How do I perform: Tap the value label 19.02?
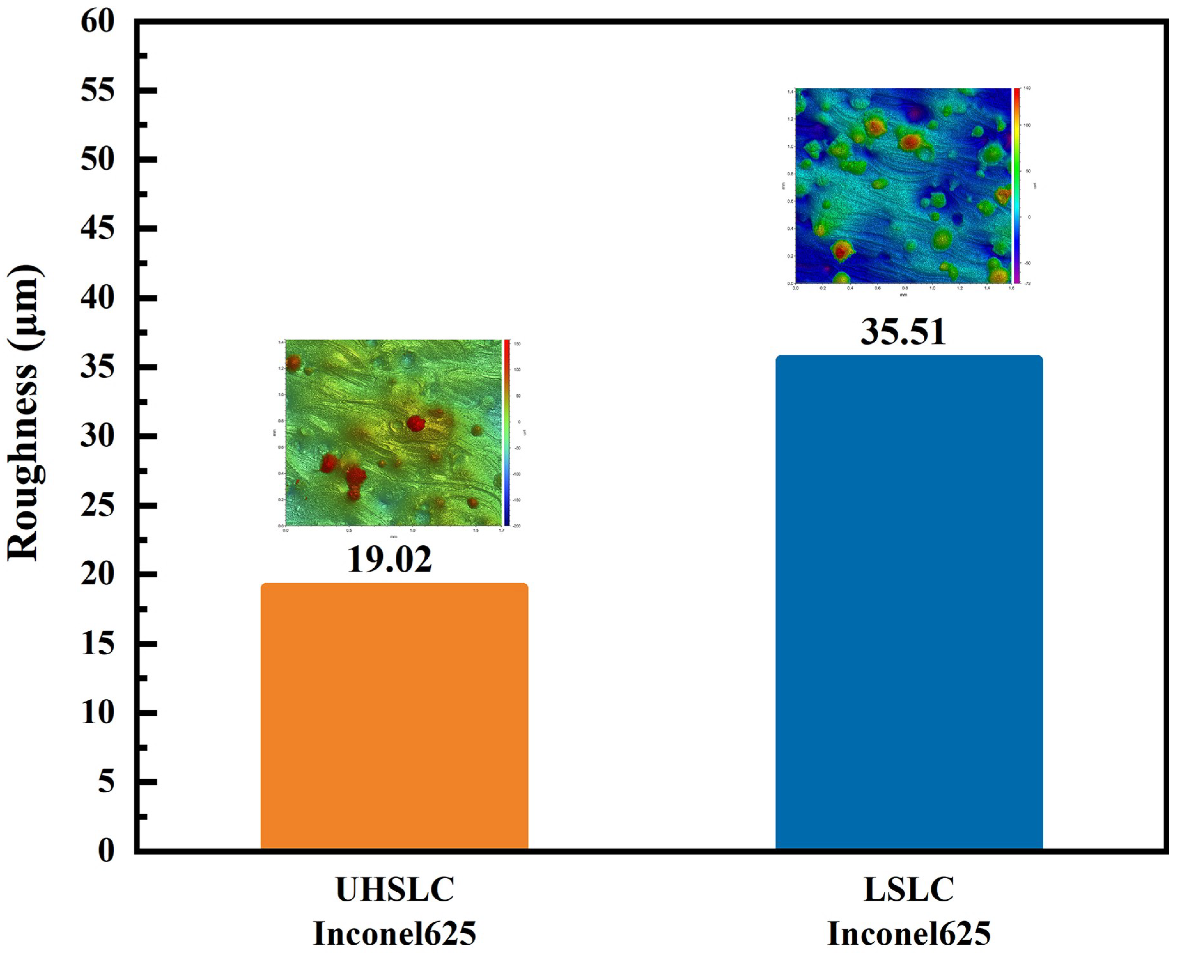point(389,560)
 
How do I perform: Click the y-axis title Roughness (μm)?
point(23,413)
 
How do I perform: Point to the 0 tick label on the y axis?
point(106,850)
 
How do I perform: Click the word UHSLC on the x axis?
point(395,890)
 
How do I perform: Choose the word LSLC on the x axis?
point(909,890)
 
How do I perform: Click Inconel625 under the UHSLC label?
point(395,933)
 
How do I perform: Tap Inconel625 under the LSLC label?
point(909,933)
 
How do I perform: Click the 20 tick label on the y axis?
point(98,574)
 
